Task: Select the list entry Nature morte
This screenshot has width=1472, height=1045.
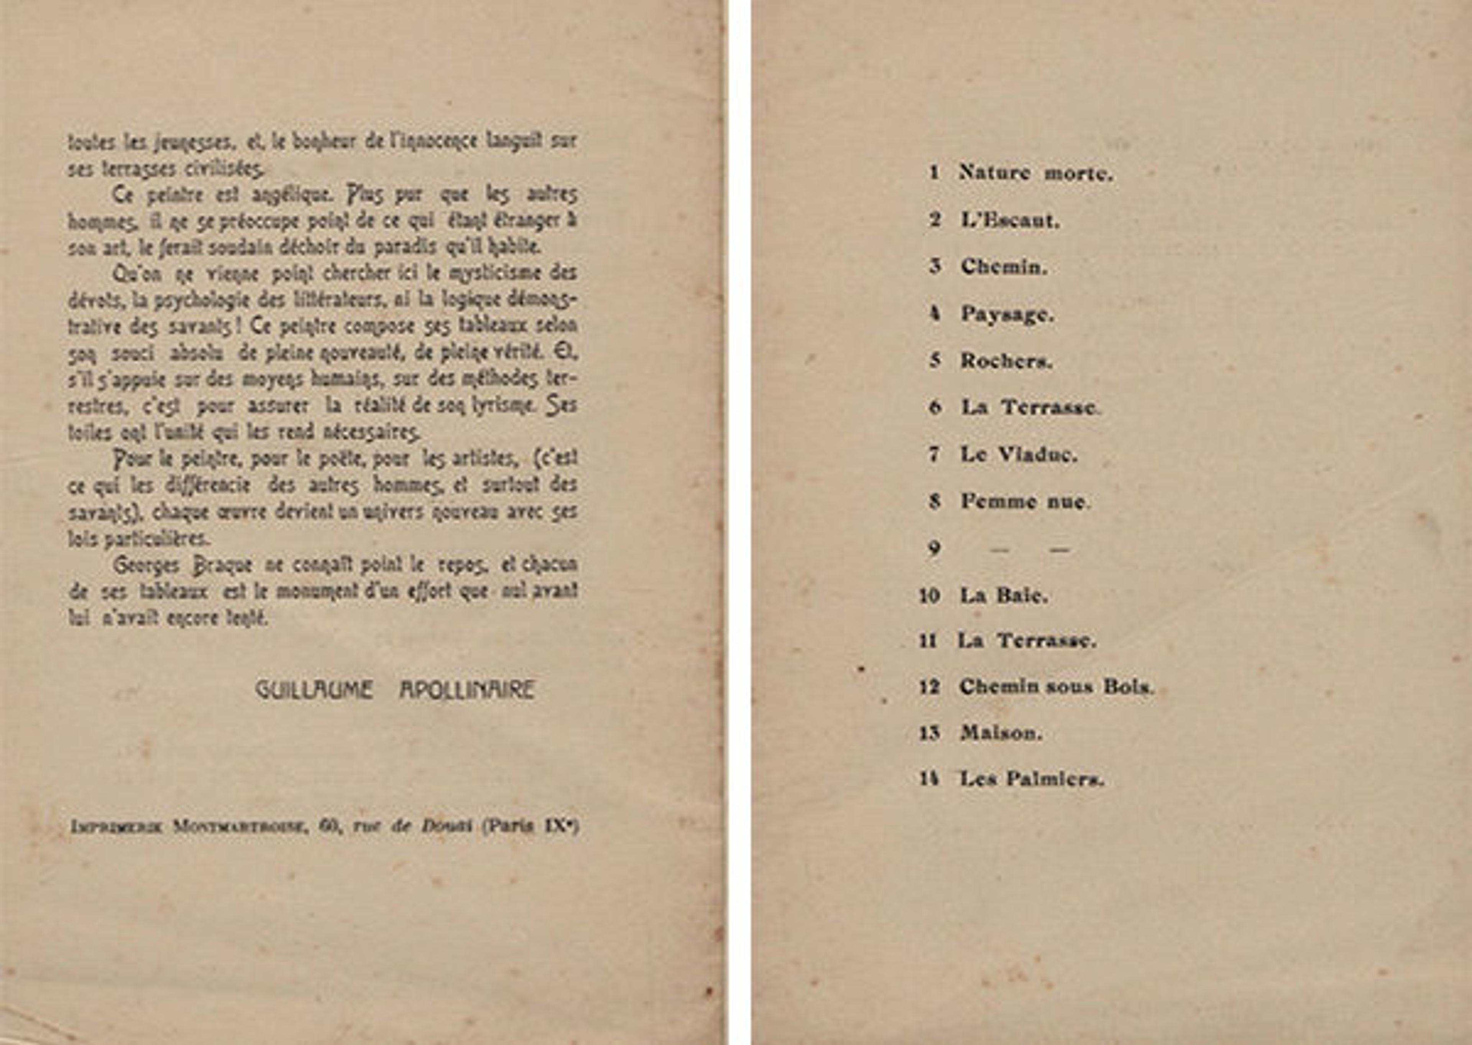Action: pos(1036,173)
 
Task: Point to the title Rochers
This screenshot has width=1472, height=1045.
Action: pos(1006,361)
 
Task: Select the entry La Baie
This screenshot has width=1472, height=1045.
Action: pos(1004,595)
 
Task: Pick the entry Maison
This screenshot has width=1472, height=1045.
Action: pos(1001,733)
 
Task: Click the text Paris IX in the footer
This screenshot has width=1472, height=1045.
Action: pos(531,826)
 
